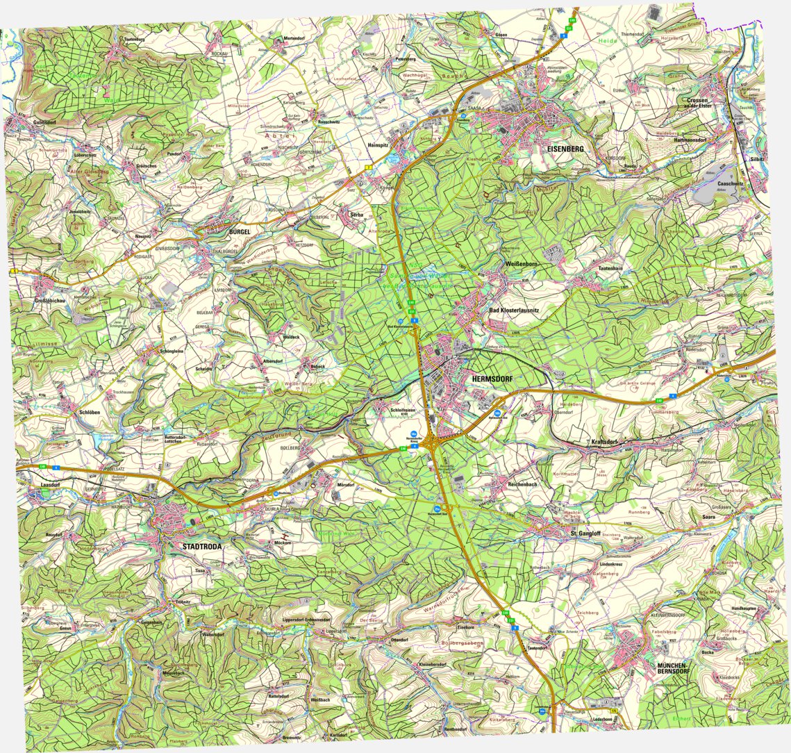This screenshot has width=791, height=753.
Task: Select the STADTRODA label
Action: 202,547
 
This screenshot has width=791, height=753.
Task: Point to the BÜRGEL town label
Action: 239,231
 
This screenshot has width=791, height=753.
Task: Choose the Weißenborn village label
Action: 522,264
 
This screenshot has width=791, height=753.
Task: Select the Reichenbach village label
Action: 522,483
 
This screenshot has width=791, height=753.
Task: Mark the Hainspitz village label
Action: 378,144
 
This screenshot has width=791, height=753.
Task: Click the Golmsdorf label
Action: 44,122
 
